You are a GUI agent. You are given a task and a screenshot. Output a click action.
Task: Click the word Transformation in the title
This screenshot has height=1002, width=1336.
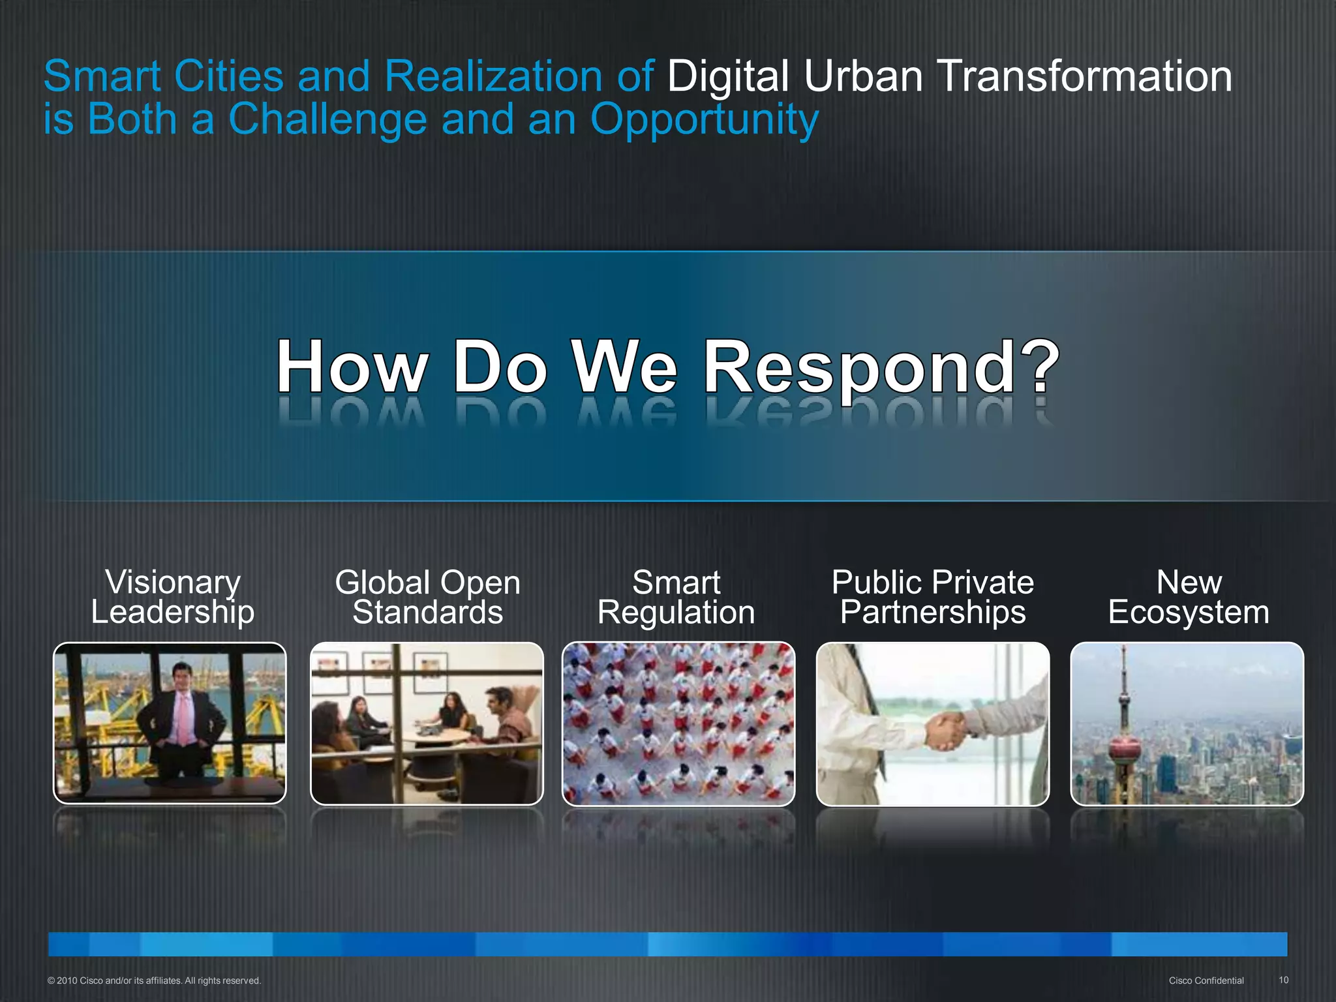[1084, 77]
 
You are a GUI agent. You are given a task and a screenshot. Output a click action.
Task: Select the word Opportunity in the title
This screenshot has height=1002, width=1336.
[704, 121]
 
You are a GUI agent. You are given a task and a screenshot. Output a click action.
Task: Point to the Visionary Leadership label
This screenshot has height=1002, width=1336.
[172, 597]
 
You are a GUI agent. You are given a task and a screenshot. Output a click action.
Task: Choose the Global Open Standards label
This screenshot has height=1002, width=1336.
[427, 597]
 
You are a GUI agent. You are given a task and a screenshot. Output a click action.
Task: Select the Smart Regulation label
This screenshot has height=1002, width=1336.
[676, 597]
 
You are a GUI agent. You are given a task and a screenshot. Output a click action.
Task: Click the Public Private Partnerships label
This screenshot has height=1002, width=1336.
[932, 597]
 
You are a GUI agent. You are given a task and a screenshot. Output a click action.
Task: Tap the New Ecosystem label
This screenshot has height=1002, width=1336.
[1189, 597]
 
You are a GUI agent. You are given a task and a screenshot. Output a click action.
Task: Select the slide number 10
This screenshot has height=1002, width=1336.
[1283, 980]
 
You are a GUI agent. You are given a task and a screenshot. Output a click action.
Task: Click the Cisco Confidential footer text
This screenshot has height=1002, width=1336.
[1206, 980]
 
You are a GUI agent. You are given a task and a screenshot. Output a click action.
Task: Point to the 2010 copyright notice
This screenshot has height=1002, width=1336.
[154, 980]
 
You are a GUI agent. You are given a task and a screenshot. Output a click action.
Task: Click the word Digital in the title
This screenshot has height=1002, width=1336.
[728, 77]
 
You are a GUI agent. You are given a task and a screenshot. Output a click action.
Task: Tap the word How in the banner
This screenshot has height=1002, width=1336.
[352, 369]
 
